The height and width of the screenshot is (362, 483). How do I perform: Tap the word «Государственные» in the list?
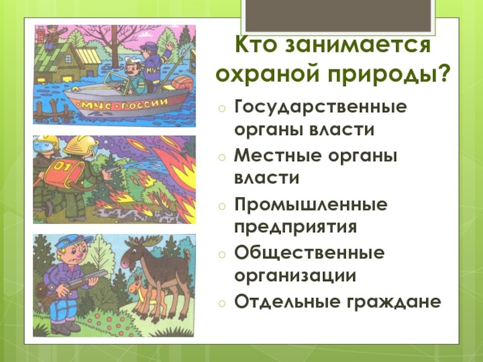[321, 108]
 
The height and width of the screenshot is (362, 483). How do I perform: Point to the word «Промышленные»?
[311, 205]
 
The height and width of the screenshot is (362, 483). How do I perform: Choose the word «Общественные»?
[310, 253]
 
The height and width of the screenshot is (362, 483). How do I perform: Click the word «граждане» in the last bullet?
[394, 302]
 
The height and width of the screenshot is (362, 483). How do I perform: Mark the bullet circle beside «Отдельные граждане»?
[222, 303]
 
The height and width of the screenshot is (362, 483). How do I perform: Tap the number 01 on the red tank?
[63, 168]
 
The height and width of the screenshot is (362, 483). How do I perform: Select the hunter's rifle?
[71, 287]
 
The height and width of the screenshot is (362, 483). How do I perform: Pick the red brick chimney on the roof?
[40, 34]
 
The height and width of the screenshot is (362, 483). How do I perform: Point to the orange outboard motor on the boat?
[182, 83]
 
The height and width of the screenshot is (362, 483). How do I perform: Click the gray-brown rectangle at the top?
[338, 16]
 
